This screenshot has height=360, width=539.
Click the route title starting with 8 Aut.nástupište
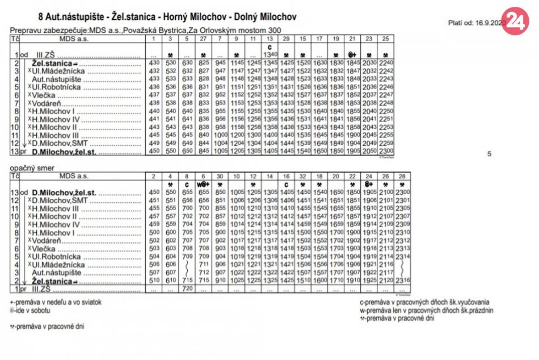click(x=167, y=17)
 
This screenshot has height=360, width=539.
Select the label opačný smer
click(x=30, y=169)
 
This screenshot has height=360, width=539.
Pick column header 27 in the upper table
click(x=203, y=38)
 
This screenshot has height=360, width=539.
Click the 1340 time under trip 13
click(x=269, y=55)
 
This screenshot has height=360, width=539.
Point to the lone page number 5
click(x=490, y=153)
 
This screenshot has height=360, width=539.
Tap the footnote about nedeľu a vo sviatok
click(x=56, y=303)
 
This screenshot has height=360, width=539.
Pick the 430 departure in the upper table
click(x=154, y=62)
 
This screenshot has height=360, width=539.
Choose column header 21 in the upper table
click(x=353, y=38)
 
